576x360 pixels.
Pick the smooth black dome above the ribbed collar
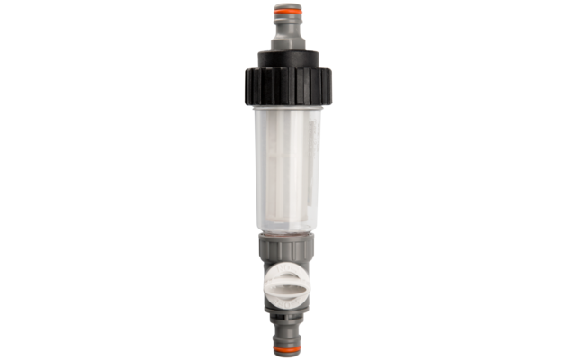287,58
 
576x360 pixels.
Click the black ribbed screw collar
287,86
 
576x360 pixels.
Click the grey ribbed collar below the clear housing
287,247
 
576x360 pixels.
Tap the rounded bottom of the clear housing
287,229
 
